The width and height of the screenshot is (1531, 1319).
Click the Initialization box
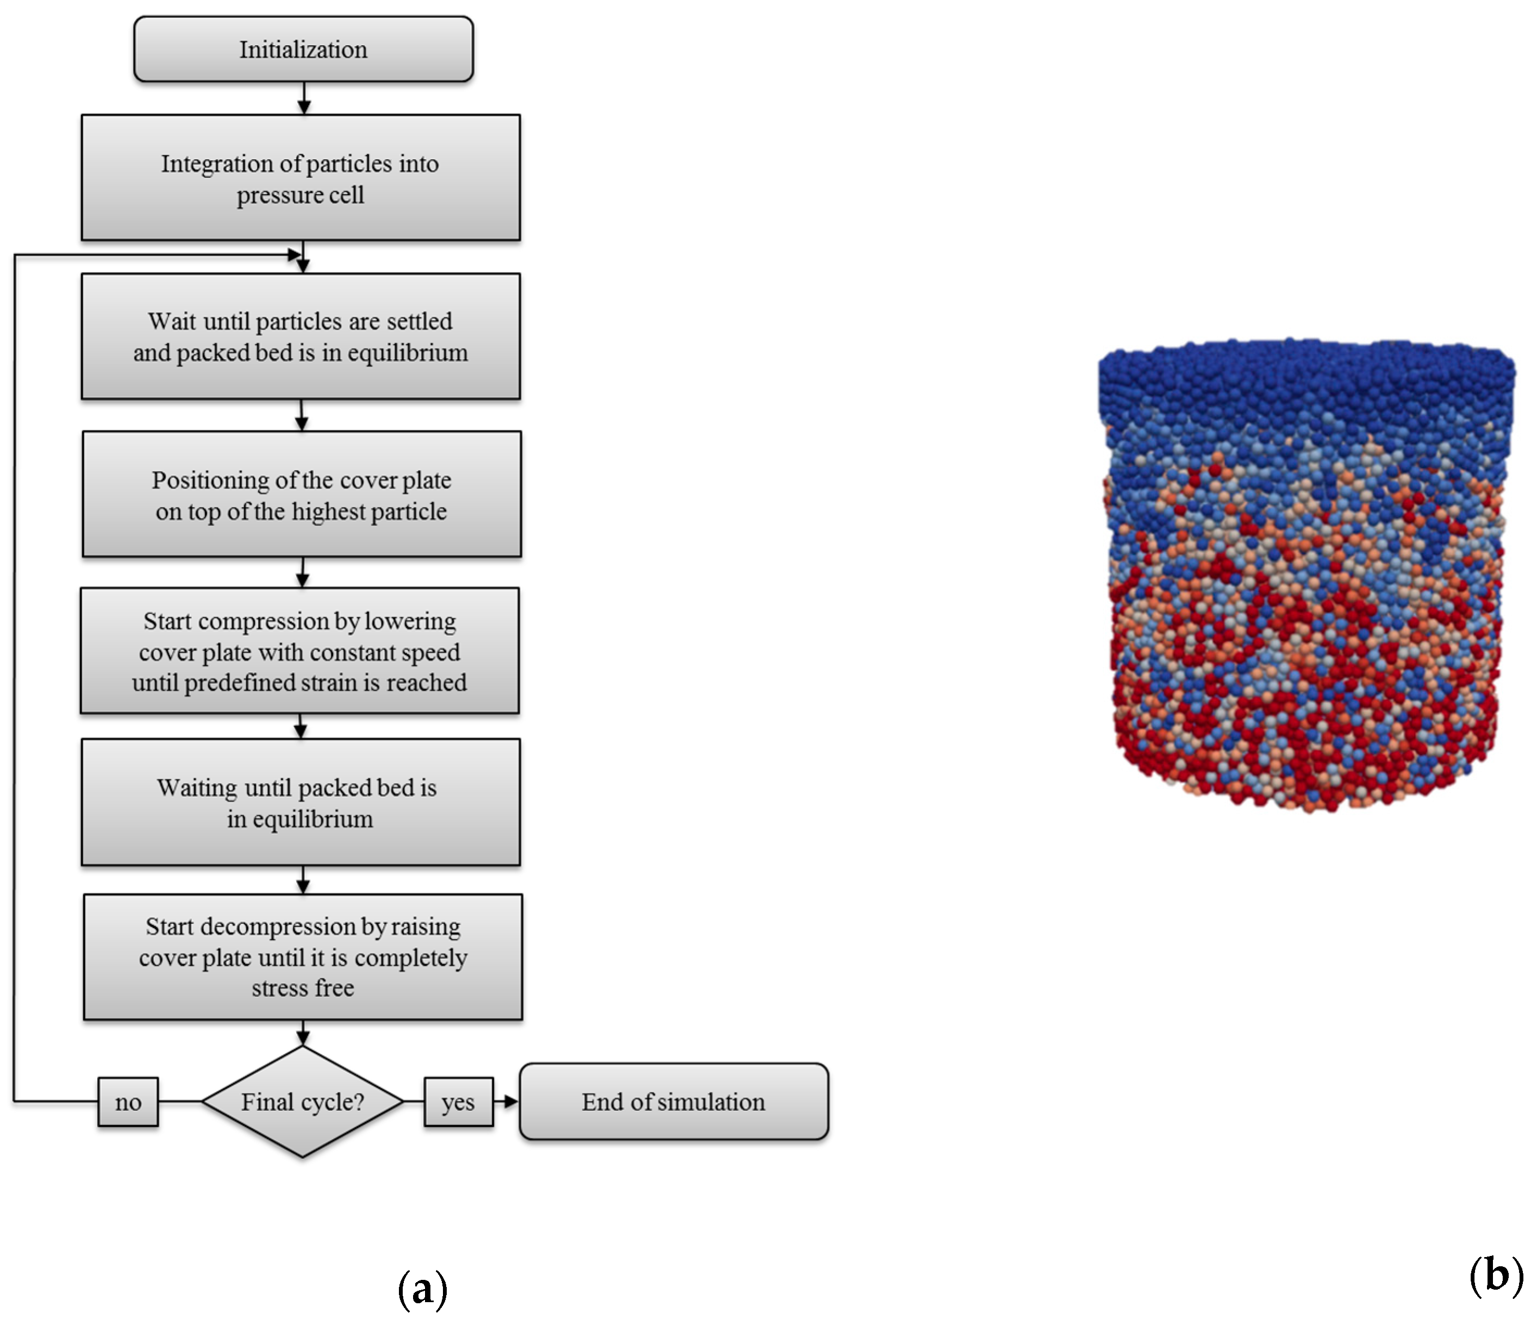pos(303,49)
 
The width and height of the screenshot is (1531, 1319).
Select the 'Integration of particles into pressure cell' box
pos(301,177)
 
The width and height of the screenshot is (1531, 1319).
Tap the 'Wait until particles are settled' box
pos(301,336)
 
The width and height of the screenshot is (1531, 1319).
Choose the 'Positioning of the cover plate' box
pos(302,495)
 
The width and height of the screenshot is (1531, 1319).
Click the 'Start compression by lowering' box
pos(299,651)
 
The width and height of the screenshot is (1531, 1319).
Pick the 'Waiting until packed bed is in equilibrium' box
pos(301,803)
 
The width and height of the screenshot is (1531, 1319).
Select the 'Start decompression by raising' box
pos(303,957)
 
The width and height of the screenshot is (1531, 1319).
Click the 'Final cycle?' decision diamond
pos(302,1102)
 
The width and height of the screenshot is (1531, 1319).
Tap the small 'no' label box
pos(128,1102)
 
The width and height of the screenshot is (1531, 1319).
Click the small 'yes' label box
pos(458,1102)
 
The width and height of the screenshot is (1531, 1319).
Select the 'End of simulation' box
pos(674,1102)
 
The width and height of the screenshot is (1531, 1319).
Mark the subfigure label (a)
pos(423,1290)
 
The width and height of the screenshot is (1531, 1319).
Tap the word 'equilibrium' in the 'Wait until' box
pos(408,353)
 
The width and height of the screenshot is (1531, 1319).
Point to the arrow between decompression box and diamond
pos(303,1033)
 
